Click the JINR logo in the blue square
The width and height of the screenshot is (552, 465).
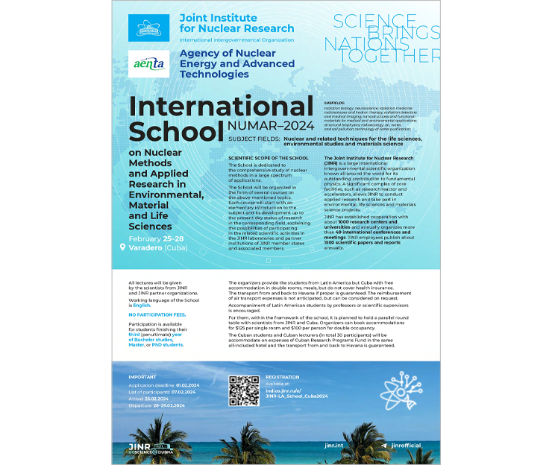tap(149, 28)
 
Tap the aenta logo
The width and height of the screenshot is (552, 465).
tap(149, 63)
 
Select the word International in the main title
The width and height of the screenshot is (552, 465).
tap(221, 107)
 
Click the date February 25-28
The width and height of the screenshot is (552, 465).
tap(154, 237)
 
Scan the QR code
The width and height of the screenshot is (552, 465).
tap(243, 390)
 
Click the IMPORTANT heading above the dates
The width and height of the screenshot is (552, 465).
tap(142, 377)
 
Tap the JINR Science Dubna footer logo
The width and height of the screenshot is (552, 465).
tap(149, 448)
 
